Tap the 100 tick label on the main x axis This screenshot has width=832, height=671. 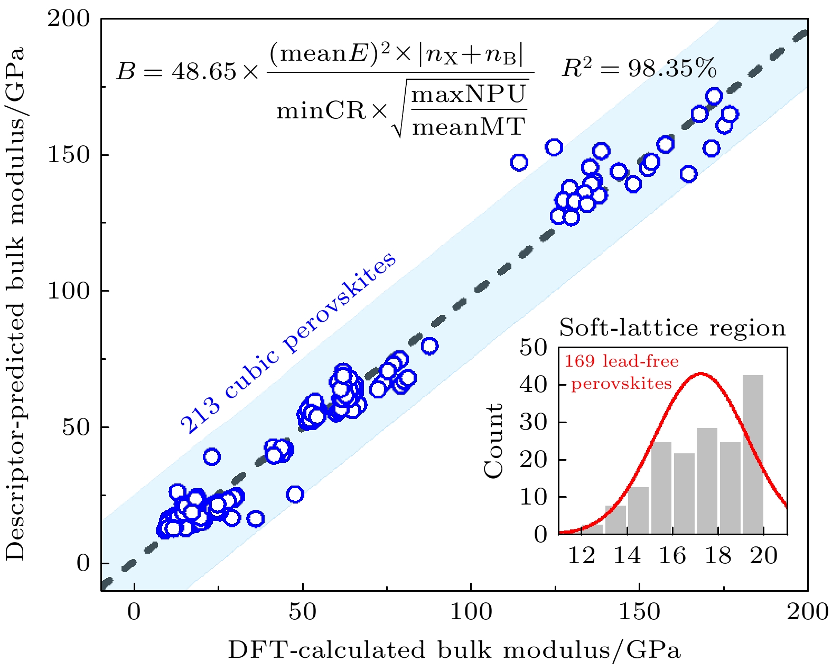[x=470, y=612]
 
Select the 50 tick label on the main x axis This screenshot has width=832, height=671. [x=302, y=612]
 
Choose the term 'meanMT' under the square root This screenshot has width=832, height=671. [x=469, y=127]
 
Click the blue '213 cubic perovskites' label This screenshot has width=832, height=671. [x=288, y=343]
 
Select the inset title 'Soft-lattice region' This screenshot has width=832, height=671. [x=672, y=328]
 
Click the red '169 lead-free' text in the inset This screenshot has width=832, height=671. [x=622, y=362]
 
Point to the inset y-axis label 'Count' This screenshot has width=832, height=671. [x=494, y=441]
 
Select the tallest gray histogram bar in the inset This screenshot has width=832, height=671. [x=753, y=454]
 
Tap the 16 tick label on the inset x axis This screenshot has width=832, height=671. [x=672, y=556]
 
